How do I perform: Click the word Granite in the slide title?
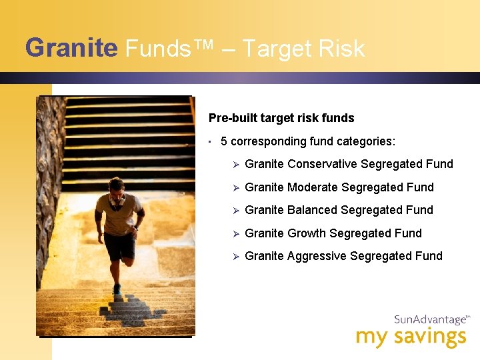point(71,49)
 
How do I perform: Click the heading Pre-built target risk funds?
point(281,118)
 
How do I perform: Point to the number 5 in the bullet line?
point(224,141)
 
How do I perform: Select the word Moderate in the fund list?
point(312,187)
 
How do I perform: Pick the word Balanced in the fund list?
point(311,210)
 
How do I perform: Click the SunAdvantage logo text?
point(430,320)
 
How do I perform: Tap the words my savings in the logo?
point(411,337)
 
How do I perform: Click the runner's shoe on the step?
point(117,289)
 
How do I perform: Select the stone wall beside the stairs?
point(49,173)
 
